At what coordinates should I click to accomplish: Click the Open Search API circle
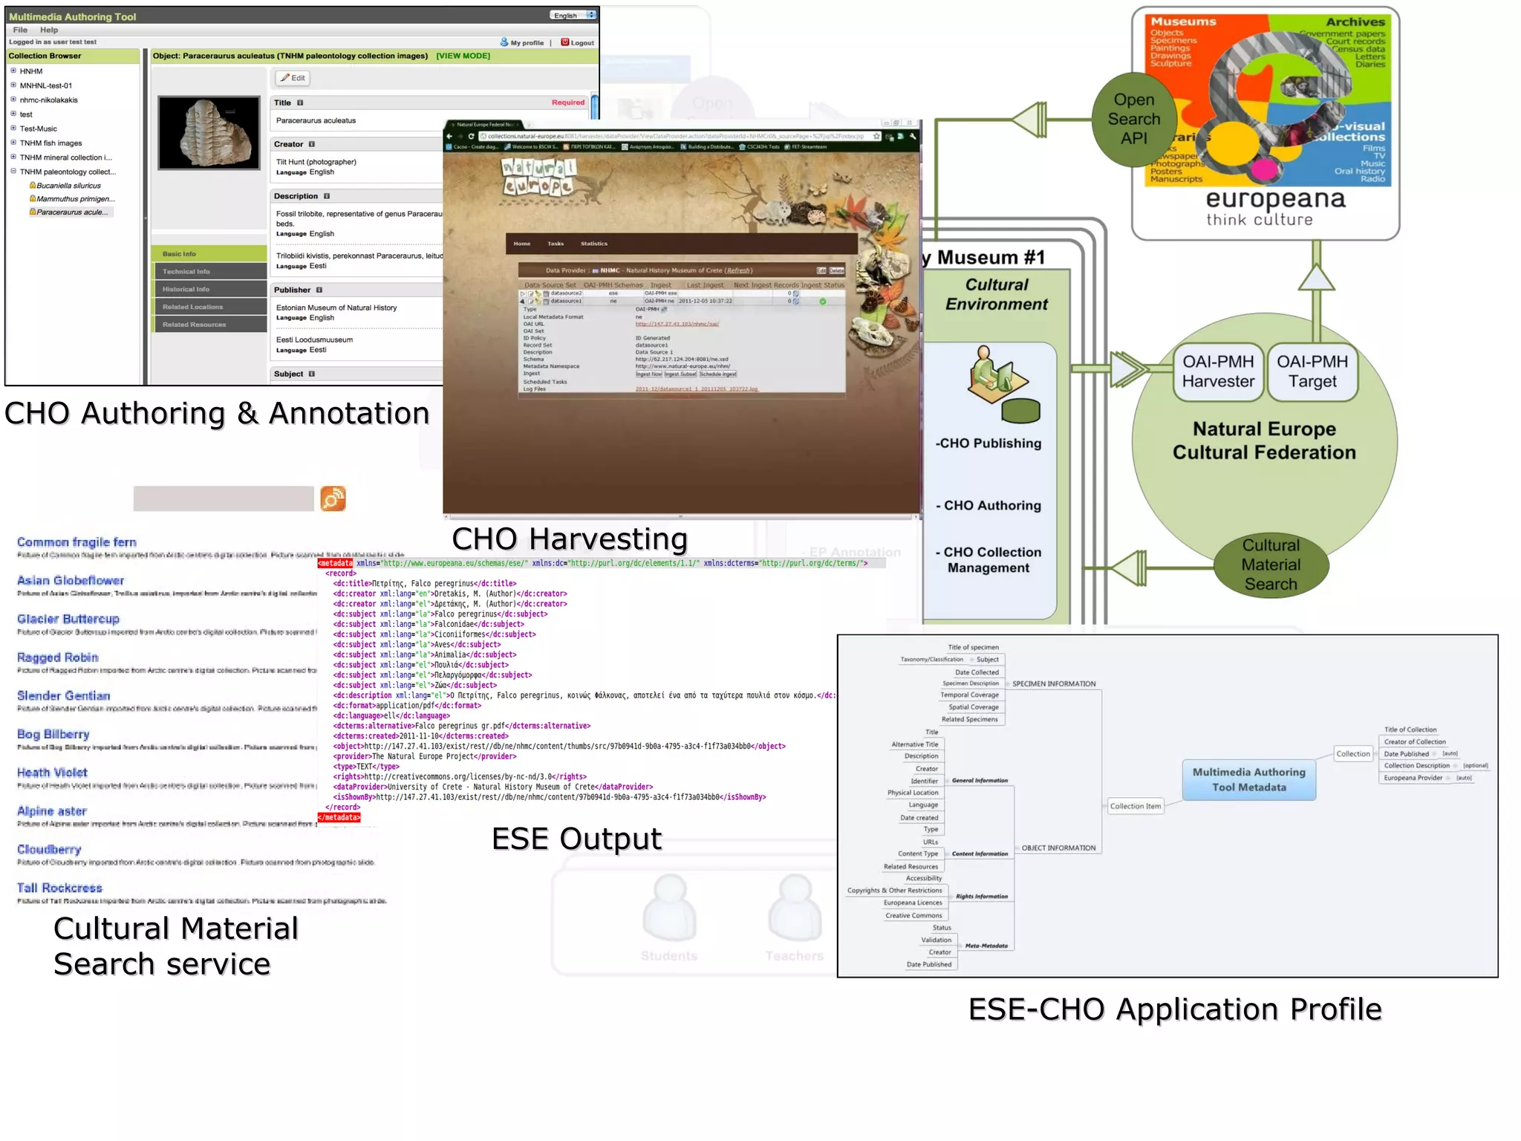click(x=1133, y=119)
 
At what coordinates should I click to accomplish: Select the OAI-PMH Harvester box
click(x=1217, y=371)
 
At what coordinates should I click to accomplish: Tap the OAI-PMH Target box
click(x=1312, y=371)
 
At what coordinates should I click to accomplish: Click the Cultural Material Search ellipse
click(x=1271, y=565)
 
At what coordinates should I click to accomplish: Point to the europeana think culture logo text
click(x=1274, y=207)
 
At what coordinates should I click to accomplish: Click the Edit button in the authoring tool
click(x=293, y=78)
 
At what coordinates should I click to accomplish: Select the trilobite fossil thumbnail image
click(x=209, y=133)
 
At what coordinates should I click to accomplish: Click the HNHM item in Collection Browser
click(x=31, y=71)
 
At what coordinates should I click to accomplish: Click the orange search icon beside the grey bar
click(x=333, y=498)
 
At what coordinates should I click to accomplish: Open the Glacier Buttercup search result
click(x=68, y=619)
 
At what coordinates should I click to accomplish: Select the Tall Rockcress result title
click(x=59, y=888)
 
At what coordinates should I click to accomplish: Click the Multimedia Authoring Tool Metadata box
click(x=1248, y=780)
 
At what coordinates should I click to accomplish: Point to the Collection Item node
click(x=1135, y=806)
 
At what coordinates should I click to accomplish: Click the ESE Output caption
click(x=576, y=839)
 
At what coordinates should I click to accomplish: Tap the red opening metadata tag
click(x=336, y=563)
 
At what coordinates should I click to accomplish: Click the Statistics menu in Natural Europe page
click(x=593, y=244)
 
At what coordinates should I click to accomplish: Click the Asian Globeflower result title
click(x=71, y=580)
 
